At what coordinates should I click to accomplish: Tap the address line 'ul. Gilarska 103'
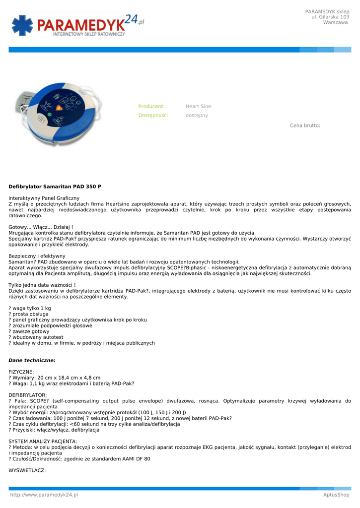point(330,17)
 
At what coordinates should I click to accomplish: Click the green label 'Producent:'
point(151,107)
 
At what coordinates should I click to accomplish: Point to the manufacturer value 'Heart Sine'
point(198,107)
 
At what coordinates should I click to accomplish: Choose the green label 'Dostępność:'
point(153,116)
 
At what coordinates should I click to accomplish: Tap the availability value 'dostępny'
point(197,116)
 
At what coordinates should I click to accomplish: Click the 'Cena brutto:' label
point(305,126)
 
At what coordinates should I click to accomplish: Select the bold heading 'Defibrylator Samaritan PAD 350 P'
point(55,187)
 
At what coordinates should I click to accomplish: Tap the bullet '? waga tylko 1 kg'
point(30,309)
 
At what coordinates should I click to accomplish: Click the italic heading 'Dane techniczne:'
point(32,360)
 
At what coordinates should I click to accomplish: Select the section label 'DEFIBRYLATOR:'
point(28,395)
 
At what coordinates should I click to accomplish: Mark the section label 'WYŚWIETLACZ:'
point(27,471)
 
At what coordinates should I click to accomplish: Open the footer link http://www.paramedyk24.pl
point(44,495)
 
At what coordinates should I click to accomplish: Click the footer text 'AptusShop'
point(336,495)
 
